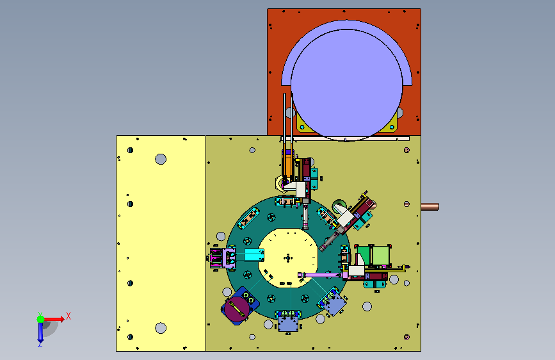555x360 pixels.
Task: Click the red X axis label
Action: point(68,316)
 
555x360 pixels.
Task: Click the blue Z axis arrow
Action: point(40,331)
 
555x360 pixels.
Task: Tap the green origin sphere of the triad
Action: point(41,319)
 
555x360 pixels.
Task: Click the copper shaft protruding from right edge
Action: point(430,206)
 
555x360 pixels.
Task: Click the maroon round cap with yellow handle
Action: point(236,309)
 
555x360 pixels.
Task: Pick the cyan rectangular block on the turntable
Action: point(253,255)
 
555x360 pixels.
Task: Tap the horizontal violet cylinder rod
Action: point(322,275)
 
